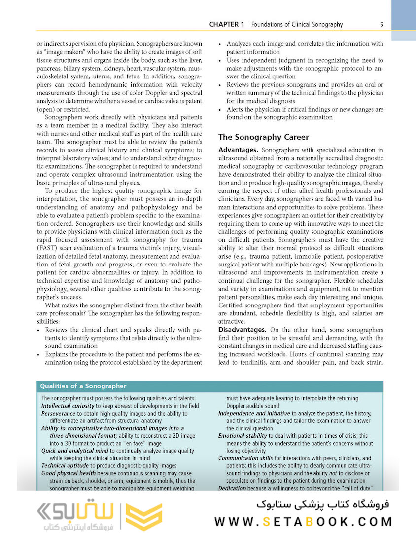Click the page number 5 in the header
point(382,24)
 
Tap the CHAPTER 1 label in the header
point(227,24)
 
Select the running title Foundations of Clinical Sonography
point(297,24)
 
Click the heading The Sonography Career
point(264,137)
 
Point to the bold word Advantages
point(239,150)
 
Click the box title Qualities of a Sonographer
point(83,386)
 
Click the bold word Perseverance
point(59,413)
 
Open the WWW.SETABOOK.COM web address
point(303,521)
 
